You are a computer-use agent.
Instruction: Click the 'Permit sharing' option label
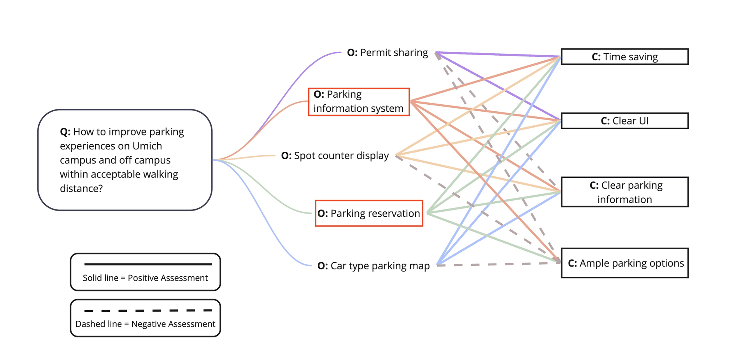(388, 53)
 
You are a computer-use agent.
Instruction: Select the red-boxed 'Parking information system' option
(359, 102)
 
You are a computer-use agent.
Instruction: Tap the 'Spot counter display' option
(335, 156)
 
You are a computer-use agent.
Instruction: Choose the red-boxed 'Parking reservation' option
(369, 213)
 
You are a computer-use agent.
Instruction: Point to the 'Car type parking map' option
(373, 266)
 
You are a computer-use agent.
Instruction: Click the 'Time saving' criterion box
(624, 57)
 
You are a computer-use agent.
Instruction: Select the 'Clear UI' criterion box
(624, 121)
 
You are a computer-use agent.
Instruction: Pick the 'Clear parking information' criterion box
(624, 192)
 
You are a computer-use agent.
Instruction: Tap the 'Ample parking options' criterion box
(624, 263)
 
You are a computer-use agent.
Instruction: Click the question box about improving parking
(124, 160)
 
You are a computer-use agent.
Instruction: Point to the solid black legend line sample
(148, 264)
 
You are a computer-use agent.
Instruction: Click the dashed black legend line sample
(148, 311)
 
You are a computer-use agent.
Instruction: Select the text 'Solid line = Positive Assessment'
(145, 278)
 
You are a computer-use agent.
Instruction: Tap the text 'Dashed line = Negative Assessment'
(145, 324)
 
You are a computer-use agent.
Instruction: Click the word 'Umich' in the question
(147, 146)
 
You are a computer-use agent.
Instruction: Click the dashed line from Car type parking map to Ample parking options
(498, 264)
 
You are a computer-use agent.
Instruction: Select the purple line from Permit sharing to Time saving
(498, 54)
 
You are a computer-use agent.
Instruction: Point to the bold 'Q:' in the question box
(65, 132)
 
